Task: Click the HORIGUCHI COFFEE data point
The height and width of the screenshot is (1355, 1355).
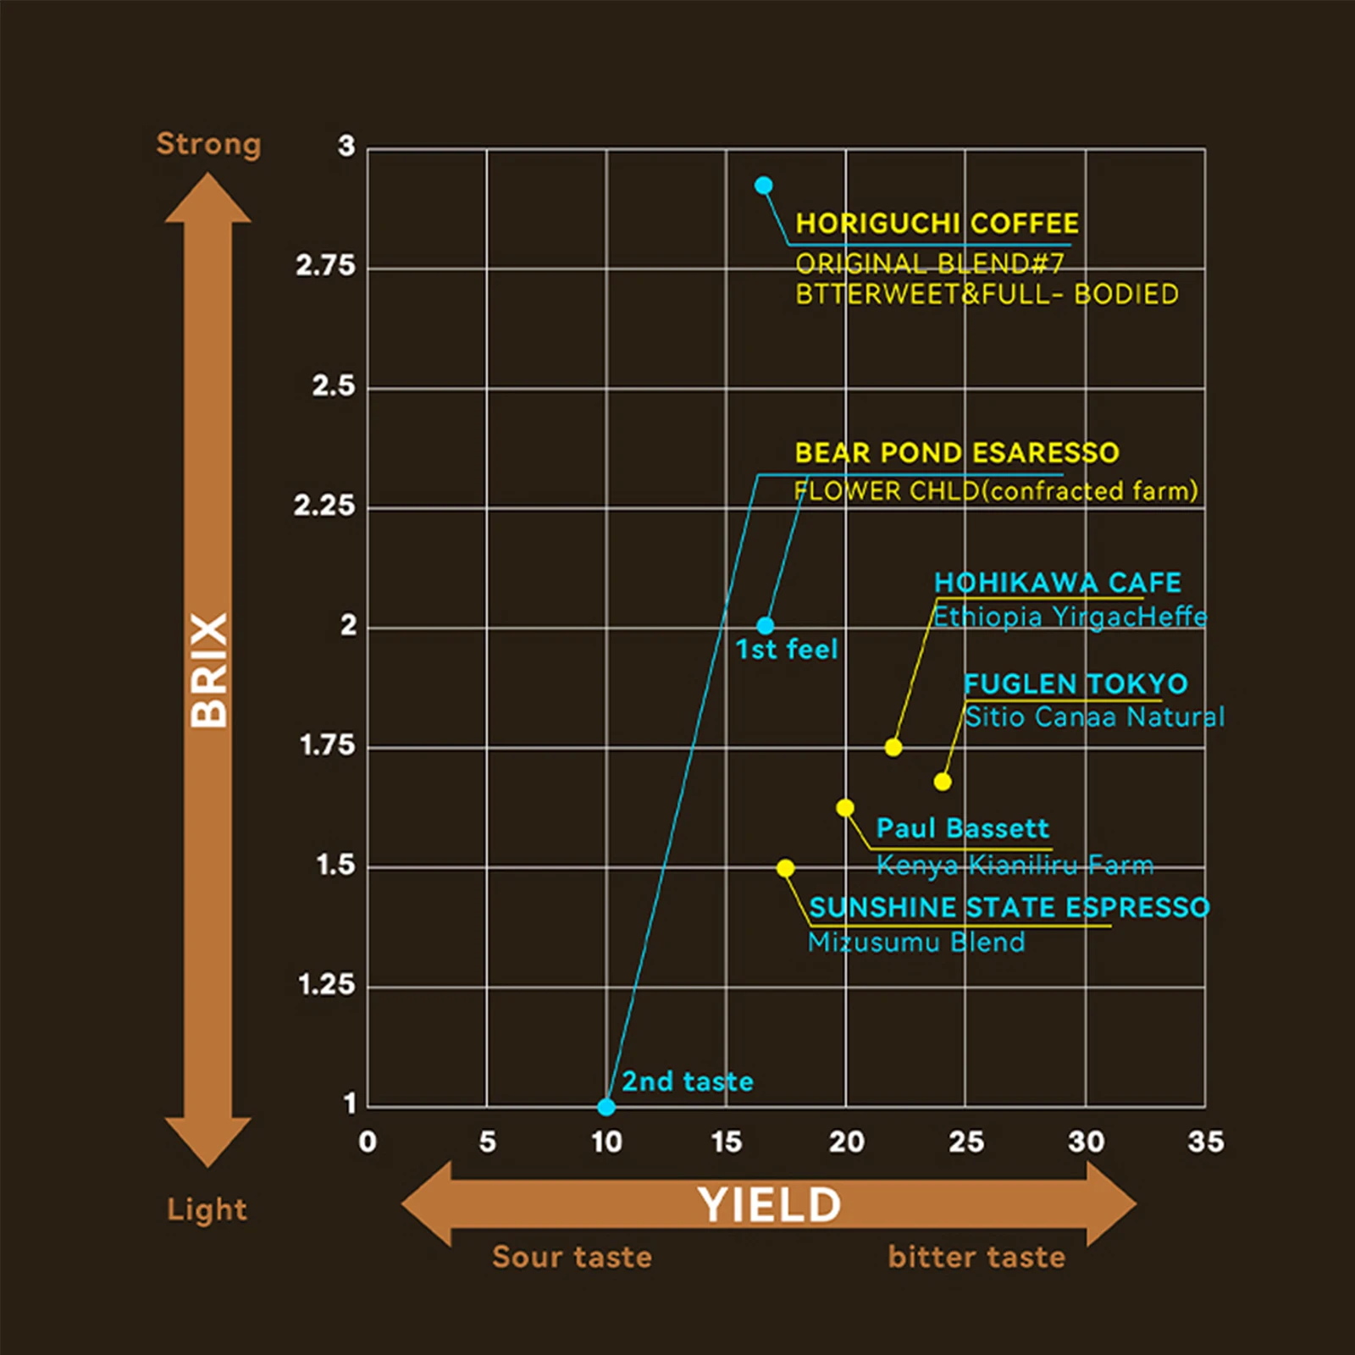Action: [764, 185]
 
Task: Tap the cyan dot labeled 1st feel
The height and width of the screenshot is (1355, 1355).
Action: [766, 626]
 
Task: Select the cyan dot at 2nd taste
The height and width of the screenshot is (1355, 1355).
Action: [606, 1106]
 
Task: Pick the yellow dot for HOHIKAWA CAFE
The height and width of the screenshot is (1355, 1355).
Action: [893, 747]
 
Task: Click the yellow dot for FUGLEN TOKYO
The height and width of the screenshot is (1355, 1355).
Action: [943, 782]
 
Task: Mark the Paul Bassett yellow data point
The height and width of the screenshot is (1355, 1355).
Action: [845, 808]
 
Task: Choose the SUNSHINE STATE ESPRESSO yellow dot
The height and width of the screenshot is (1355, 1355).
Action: [786, 868]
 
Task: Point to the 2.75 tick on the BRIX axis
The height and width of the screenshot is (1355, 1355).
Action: [325, 266]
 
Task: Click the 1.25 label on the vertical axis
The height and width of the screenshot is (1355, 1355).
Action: [326, 985]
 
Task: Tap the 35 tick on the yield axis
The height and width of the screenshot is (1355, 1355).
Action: [1205, 1142]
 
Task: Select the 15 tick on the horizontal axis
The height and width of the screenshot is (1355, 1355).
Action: [727, 1142]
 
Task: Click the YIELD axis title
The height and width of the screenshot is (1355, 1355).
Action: [769, 1205]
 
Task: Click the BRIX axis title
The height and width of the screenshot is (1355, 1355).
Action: [208, 670]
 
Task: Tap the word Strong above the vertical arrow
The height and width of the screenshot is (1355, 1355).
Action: [208, 145]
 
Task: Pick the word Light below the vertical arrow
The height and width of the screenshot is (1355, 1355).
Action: [207, 1209]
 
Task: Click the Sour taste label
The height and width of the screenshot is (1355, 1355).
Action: [572, 1257]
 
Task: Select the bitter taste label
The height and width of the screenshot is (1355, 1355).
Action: [976, 1257]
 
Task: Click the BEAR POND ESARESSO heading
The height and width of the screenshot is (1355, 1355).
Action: [957, 453]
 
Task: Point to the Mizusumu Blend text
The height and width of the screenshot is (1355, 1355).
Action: [916, 942]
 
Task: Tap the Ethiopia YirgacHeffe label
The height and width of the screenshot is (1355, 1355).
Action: [1070, 617]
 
